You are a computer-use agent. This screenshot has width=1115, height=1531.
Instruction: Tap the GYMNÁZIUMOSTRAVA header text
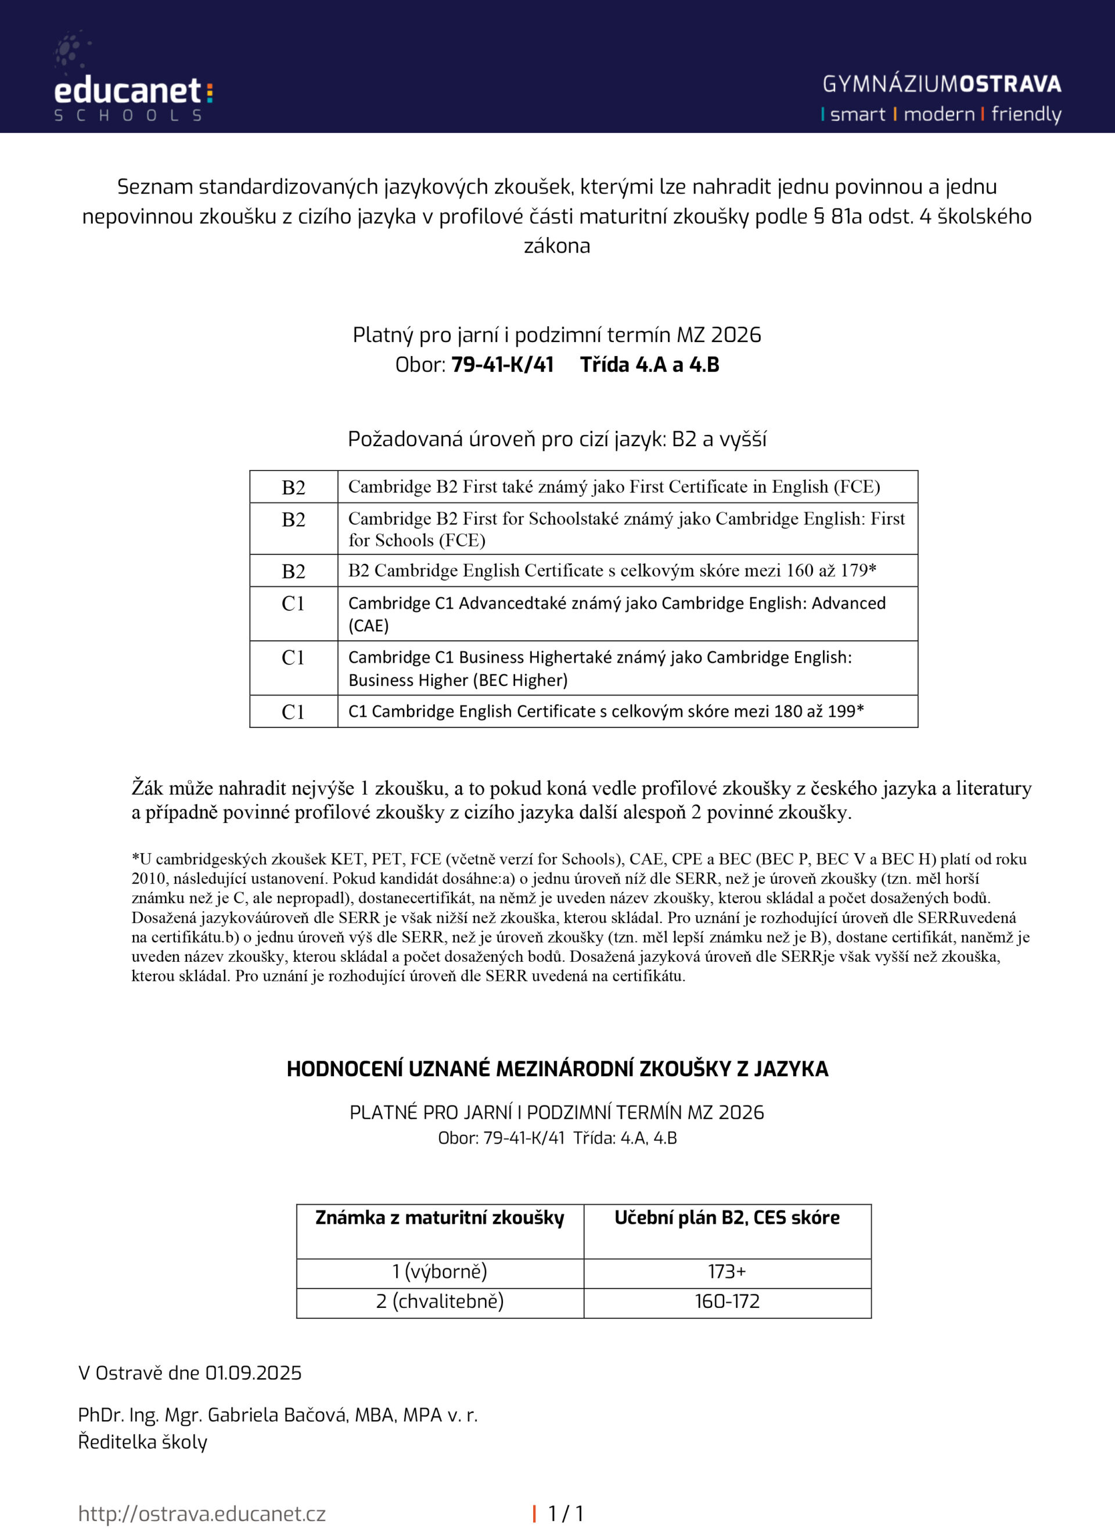tap(941, 84)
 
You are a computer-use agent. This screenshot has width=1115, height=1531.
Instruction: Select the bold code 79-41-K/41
tap(502, 365)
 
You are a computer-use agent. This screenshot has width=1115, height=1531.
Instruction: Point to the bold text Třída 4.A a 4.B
tap(649, 365)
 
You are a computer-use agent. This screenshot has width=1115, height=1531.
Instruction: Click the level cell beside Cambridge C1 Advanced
tap(293, 603)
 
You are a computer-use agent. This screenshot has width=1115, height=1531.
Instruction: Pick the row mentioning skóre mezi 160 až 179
tap(612, 570)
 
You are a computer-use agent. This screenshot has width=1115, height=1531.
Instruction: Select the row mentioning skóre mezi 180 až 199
tap(606, 711)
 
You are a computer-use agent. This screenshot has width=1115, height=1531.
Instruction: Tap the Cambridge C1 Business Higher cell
tap(599, 669)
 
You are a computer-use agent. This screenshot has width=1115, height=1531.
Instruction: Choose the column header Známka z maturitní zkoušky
tap(440, 1217)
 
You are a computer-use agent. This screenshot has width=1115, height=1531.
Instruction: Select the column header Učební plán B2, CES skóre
tap(727, 1217)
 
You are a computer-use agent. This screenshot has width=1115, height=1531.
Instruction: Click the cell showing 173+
tap(727, 1271)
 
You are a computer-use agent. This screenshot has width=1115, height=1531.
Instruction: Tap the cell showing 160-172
tap(727, 1301)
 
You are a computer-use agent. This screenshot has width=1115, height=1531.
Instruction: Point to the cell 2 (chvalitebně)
tap(440, 1301)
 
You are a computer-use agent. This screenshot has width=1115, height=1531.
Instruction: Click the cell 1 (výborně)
tap(440, 1271)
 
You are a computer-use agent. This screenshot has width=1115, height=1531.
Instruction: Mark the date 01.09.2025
tap(253, 1372)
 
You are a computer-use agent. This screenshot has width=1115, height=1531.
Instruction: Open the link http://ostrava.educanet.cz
tap(202, 1514)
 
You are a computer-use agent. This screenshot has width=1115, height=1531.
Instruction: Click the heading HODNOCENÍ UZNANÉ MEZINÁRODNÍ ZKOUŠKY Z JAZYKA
tap(557, 1069)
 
